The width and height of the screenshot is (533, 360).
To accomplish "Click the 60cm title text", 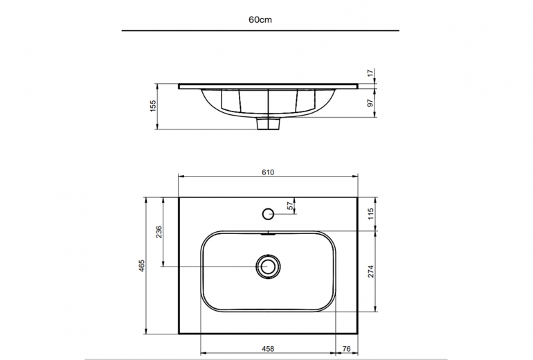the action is pyautogui.click(x=260, y=19).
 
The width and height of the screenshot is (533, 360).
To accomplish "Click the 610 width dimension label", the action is pyautogui.click(x=268, y=172).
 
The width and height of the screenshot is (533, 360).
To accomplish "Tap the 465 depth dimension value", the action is pyautogui.click(x=142, y=266).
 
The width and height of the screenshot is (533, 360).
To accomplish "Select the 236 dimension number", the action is pyautogui.click(x=159, y=232).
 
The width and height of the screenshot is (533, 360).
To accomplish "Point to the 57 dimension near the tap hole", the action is pyautogui.click(x=290, y=206).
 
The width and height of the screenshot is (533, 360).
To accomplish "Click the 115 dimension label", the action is pyautogui.click(x=371, y=214).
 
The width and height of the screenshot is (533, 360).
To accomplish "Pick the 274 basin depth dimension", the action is pyautogui.click(x=371, y=271).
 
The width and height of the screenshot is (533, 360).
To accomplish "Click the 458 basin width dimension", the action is pyautogui.click(x=268, y=349).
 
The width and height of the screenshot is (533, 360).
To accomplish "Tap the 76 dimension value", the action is pyautogui.click(x=346, y=349).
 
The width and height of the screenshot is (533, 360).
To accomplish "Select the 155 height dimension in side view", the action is pyautogui.click(x=153, y=106).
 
